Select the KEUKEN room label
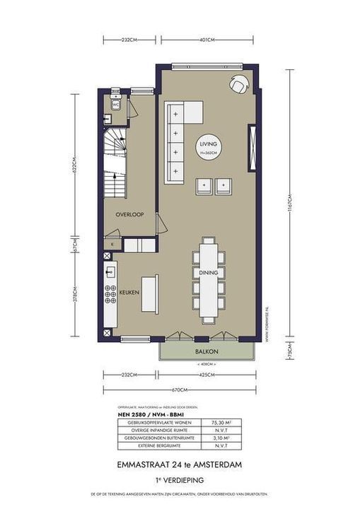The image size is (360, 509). pyautogui.click(x=128, y=291)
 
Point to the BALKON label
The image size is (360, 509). pyautogui.click(x=206, y=351)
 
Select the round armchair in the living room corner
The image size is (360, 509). pyautogui.click(x=238, y=83)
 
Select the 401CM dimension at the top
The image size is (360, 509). pyautogui.click(x=207, y=40)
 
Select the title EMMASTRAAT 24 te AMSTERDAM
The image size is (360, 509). pyautogui.click(x=180, y=464)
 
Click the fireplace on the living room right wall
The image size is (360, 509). pyautogui.click(x=250, y=147)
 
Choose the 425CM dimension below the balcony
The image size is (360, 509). pyautogui.click(x=206, y=375)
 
